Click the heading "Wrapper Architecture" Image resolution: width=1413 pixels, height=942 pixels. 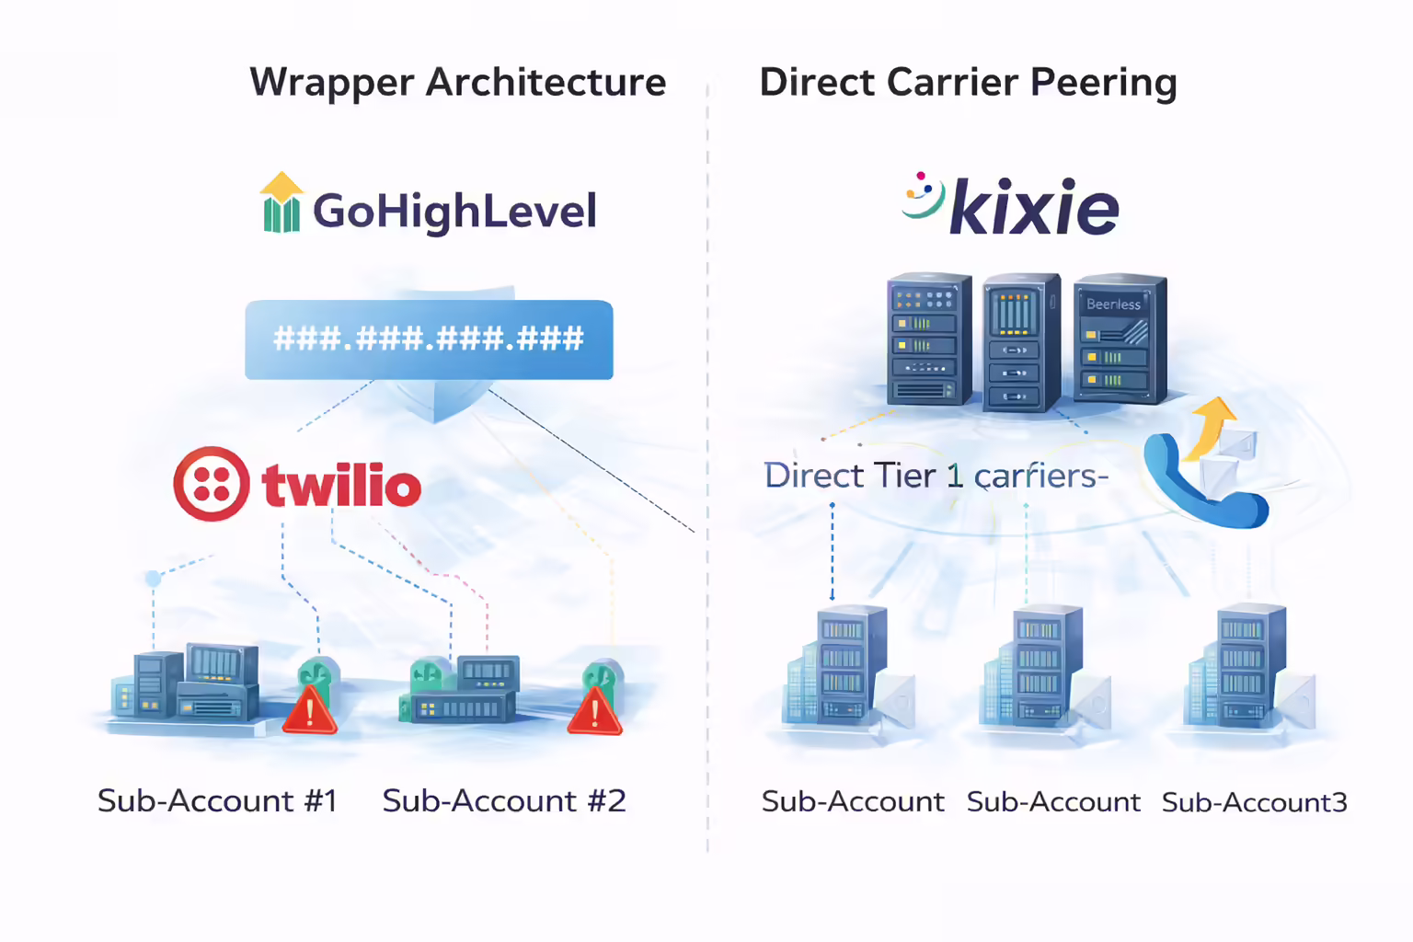click(x=457, y=83)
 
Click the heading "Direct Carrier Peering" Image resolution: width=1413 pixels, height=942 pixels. click(x=968, y=83)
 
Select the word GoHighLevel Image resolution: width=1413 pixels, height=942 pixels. click(x=454, y=211)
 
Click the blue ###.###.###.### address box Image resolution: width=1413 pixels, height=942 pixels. click(x=429, y=339)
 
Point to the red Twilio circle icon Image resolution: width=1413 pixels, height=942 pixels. click(x=212, y=484)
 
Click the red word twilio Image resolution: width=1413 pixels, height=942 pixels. click(x=341, y=485)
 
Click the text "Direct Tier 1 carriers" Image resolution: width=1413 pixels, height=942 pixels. click(x=935, y=476)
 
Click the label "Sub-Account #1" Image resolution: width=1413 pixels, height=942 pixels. click(x=217, y=801)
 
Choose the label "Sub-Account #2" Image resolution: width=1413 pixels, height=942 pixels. click(x=504, y=801)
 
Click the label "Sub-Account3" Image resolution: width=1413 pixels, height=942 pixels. click(x=1254, y=803)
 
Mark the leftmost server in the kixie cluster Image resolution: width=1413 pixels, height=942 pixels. click(x=928, y=339)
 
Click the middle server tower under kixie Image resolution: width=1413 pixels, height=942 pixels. click(x=1020, y=342)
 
